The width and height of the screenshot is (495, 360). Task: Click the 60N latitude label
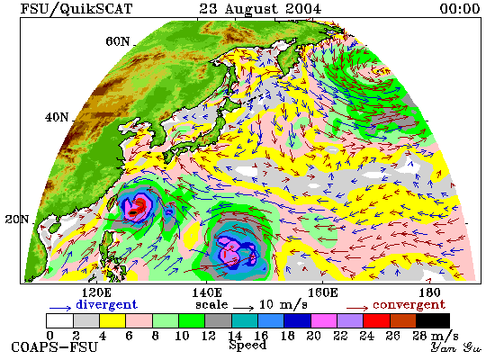(117, 41)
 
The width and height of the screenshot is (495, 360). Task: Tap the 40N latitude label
(57, 118)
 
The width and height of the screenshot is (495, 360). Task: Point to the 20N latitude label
(17, 220)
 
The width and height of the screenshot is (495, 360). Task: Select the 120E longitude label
(96, 293)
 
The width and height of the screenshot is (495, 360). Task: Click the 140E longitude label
(207, 293)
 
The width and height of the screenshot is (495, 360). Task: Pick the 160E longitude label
(322, 293)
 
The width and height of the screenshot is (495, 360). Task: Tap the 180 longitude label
(429, 293)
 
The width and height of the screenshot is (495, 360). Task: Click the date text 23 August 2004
(260, 8)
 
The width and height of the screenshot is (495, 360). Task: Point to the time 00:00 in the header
(460, 8)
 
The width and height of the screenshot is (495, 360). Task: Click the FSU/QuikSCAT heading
(76, 9)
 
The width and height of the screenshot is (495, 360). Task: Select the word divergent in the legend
(107, 305)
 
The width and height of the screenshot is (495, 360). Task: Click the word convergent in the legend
(409, 305)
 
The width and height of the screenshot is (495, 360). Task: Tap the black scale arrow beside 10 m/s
(244, 308)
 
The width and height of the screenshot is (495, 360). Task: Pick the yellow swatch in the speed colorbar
(112, 320)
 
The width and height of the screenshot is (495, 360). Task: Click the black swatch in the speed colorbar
(433, 320)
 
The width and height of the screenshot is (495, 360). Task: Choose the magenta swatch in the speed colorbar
(324, 320)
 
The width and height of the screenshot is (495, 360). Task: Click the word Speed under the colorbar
(247, 345)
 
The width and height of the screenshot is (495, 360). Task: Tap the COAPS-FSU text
(54, 347)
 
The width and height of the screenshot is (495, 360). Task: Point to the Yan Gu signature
(456, 347)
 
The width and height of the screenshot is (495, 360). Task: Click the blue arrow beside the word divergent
(60, 308)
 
